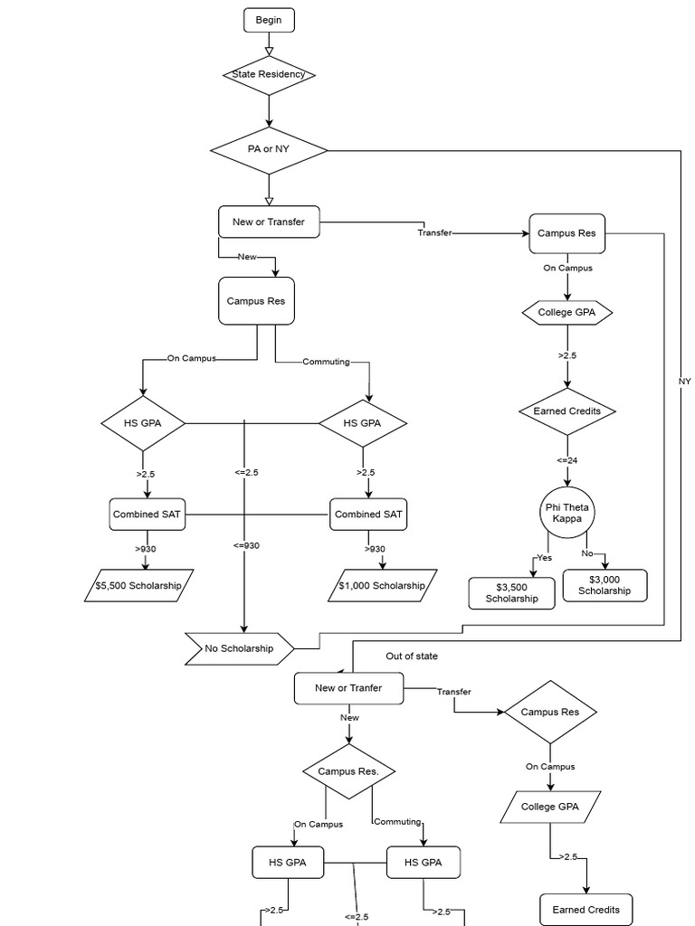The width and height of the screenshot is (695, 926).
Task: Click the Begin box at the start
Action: [x=269, y=20]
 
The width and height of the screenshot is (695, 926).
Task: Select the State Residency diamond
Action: [x=269, y=74]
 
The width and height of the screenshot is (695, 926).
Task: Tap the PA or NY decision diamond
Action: [x=269, y=149]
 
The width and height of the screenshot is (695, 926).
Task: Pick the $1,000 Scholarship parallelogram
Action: [x=381, y=585]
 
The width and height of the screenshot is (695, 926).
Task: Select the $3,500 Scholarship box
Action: [x=511, y=593]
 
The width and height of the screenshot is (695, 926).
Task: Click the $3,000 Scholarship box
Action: [x=605, y=585]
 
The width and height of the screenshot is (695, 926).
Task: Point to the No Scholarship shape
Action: [x=240, y=647]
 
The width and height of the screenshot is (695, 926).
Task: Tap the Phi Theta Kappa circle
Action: [x=567, y=512]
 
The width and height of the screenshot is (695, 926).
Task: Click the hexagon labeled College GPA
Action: [x=567, y=313]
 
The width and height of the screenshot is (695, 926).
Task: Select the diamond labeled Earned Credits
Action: [x=567, y=411]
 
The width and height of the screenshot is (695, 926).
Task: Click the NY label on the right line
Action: [x=684, y=382]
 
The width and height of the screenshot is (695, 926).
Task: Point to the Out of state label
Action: [x=412, y=657]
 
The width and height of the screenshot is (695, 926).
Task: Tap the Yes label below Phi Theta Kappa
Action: [x=544, y=558]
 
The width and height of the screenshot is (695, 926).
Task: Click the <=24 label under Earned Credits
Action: [x=567, y=460]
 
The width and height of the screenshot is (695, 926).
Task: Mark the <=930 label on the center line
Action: [x=245, y=545]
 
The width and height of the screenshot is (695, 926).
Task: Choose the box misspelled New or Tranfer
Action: [x=348, y=688]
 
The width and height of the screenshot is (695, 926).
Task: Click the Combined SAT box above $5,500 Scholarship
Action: [x=147, y=514]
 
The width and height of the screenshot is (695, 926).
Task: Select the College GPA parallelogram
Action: [x=550, y=806]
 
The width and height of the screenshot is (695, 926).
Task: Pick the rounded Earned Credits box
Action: [x=586, y=909]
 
